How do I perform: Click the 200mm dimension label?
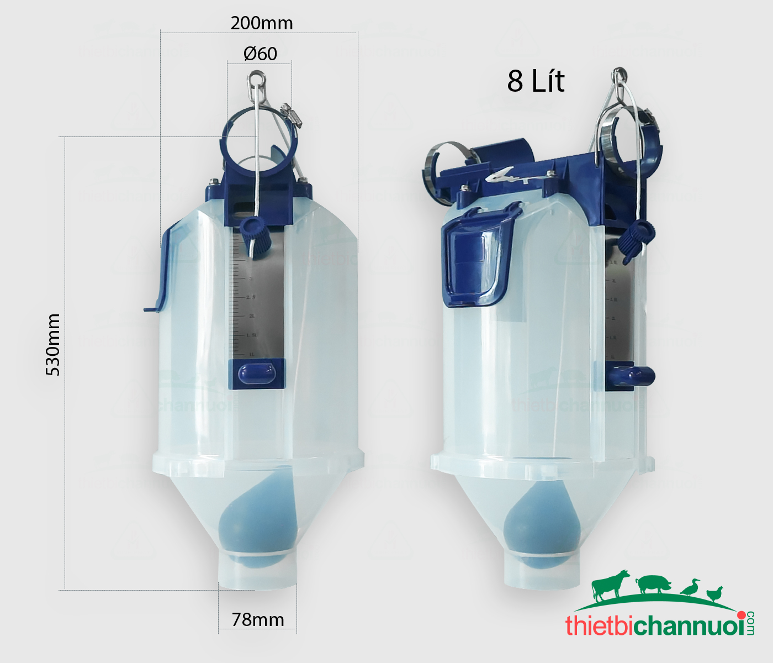[x=261, y=23]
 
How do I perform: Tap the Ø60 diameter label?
[x=260, y=54]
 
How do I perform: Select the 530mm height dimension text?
[x=53, y=345]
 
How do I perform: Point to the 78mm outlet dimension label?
[x=257, y=620]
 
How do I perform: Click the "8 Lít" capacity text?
[x=536, y=81]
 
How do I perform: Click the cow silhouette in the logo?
[x=611, y=585]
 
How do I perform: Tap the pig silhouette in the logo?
[x=654, y=584]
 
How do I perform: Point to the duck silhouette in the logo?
[x=690, y=588]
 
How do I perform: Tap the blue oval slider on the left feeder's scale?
[x=257, y=374]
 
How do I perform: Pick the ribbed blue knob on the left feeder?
[x=255, y=235]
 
